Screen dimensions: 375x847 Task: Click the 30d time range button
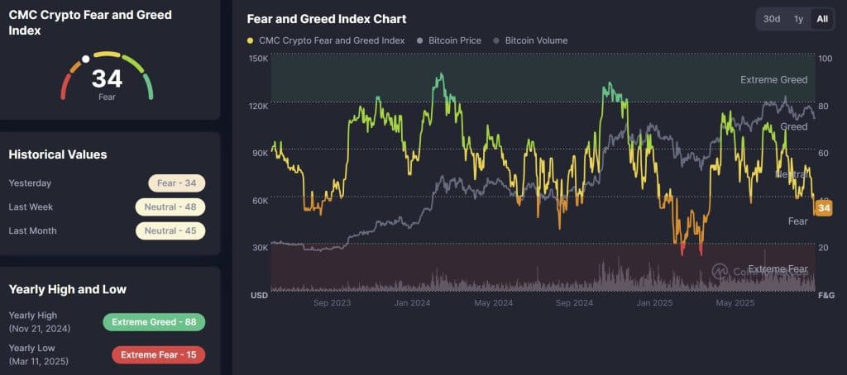[x=771, y=19]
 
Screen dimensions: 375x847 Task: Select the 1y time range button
[x=798, y=19]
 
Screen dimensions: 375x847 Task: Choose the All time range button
[x=822, y=19]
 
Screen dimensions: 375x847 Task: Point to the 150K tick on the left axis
[x=258, y=59]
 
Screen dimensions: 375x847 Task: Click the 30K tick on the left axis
[x=258, y=248]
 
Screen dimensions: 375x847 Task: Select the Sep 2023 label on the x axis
[x=333, y=303]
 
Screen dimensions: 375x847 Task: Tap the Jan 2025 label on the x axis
[x=653, y=303]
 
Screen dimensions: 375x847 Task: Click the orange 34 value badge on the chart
[x=823, y=208]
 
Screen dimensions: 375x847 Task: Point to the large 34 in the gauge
[x=107, y=79]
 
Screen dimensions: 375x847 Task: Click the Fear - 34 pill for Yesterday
[x=176, y=183]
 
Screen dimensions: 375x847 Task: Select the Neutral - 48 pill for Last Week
[x=170, y=206]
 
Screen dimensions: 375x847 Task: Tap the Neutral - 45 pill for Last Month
[x=170, y=230]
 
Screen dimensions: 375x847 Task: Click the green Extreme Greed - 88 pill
[x=153, y=322]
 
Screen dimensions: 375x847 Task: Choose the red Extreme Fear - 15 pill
[x=158, y=355]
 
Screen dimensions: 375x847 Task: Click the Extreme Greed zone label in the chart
[x=773, y=80]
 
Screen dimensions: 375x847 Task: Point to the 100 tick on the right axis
[x=825, y=59]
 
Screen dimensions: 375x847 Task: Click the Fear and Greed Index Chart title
[x=327, y=19]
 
